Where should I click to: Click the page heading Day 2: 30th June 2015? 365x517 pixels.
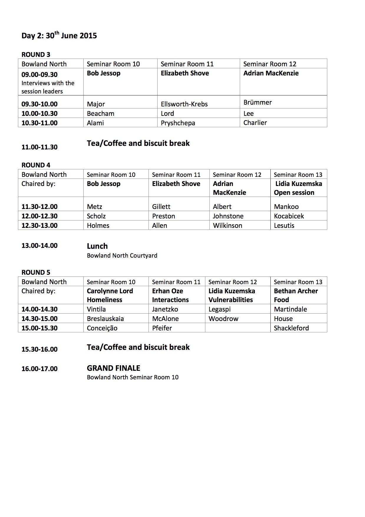click(59, 36)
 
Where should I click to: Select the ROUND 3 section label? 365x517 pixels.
click(36, 55)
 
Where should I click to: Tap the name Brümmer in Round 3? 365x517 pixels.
click(257, 103)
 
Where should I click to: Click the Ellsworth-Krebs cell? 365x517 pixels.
click(184, 104)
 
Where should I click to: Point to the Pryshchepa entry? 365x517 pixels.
click(178, 123)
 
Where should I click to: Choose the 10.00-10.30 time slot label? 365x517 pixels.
click(39, 113)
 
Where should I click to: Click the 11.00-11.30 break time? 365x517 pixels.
click(39, 147)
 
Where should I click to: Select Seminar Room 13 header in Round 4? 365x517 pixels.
click(298, 174)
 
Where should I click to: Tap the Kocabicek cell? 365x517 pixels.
click(289, 216)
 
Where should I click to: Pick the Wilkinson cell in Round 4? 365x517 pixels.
click(227, 225)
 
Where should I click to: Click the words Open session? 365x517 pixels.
click(294, 192)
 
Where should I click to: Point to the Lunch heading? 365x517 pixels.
click(97, 246)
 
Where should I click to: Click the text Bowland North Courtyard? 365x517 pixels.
click(122, 256)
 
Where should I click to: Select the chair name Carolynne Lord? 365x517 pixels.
click(110, 291)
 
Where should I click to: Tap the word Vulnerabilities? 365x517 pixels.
click(231, 300)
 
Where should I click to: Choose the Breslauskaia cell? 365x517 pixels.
click(105, 319)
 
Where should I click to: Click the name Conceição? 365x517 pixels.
click(102, 328)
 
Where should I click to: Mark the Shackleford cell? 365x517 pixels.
click(291, 328)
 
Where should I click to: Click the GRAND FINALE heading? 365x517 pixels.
click(113, 368)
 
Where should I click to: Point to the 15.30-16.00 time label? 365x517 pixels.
click(39, 349)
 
